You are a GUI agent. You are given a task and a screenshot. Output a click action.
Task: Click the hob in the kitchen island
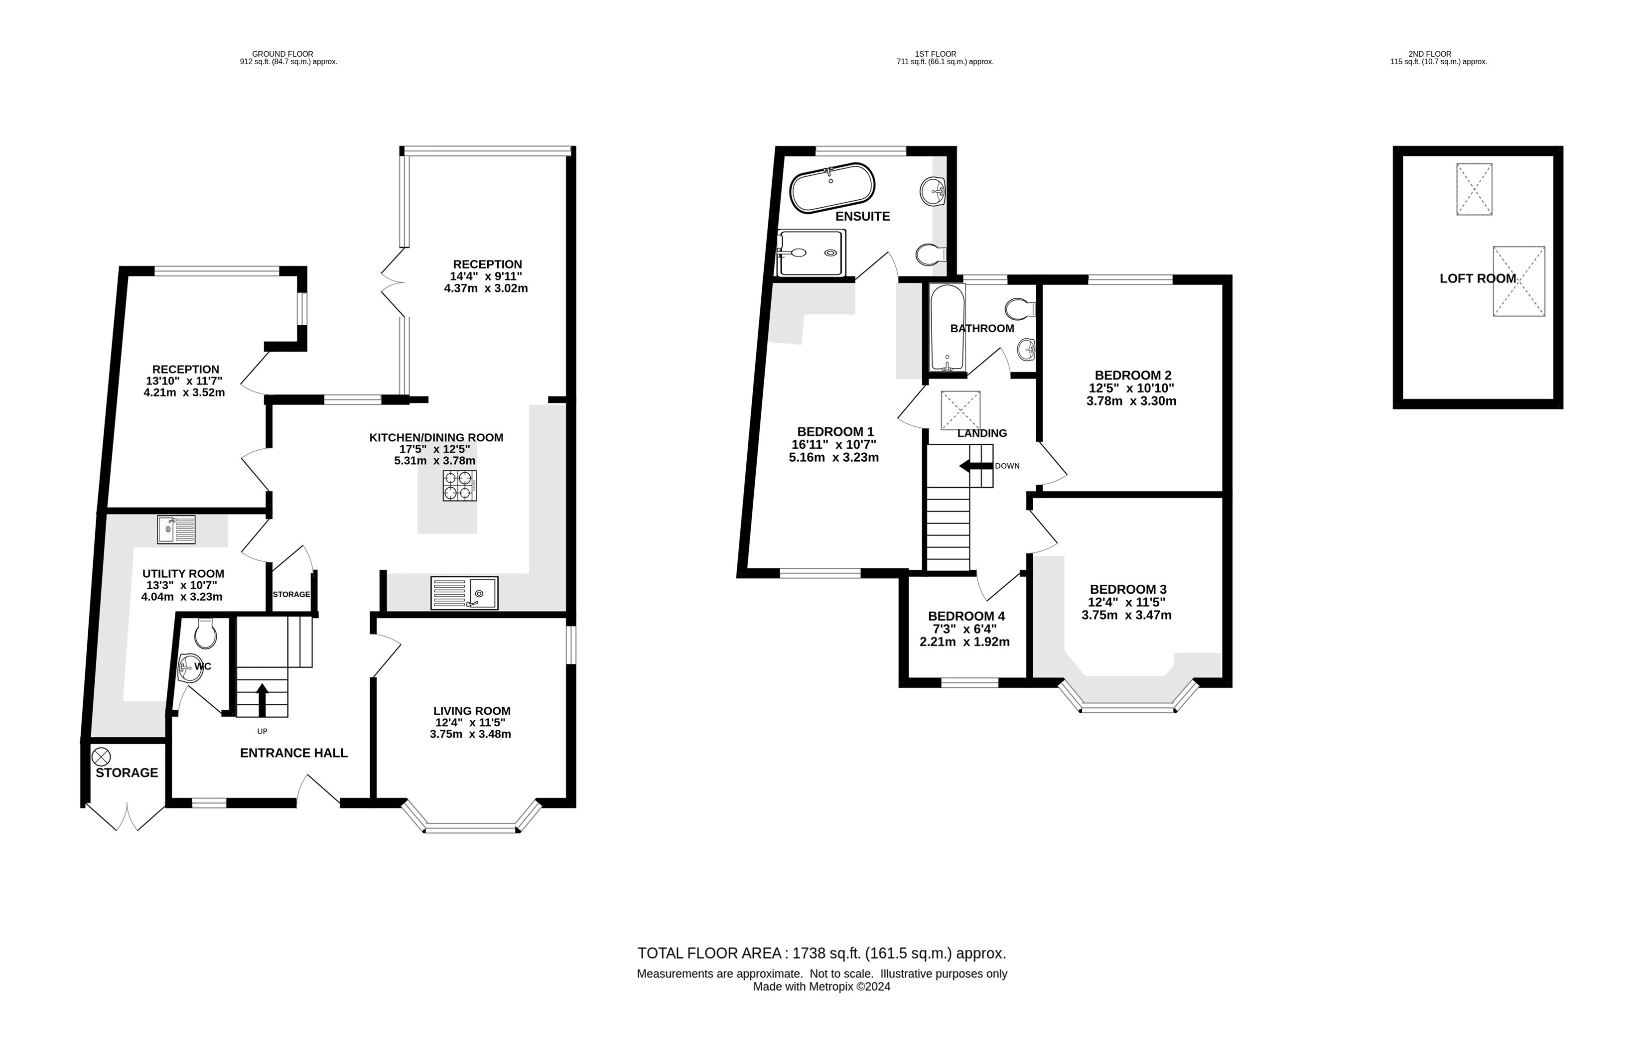pos(459,485)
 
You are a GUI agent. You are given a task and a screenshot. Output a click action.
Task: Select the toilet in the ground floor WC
pos(205,634)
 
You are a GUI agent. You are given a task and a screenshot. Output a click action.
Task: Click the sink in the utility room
pos(176,529)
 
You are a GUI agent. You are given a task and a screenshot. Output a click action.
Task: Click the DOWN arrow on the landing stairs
pos(975,466)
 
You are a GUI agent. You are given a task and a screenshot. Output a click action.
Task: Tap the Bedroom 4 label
pos(966,616)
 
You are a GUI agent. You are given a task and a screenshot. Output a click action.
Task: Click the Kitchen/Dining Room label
pos(436,437)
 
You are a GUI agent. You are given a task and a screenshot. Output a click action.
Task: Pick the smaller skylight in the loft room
pos(1474,189)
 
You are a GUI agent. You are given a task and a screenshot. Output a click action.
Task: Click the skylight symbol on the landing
pos(960,410)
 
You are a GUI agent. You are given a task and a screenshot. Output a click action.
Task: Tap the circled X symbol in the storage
pos(101,756)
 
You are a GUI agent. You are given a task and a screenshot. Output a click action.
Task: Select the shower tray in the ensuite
pos(811,253)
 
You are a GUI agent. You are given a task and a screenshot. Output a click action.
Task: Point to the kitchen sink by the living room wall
pos(464,593)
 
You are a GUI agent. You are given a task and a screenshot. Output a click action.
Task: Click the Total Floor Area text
pos(822,953)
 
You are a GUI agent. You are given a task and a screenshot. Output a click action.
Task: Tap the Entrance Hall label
pos(293,753)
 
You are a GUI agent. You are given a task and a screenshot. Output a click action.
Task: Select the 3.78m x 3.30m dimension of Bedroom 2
pos(1131,401)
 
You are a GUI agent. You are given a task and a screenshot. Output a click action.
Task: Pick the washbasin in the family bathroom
pos(1026,350)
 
